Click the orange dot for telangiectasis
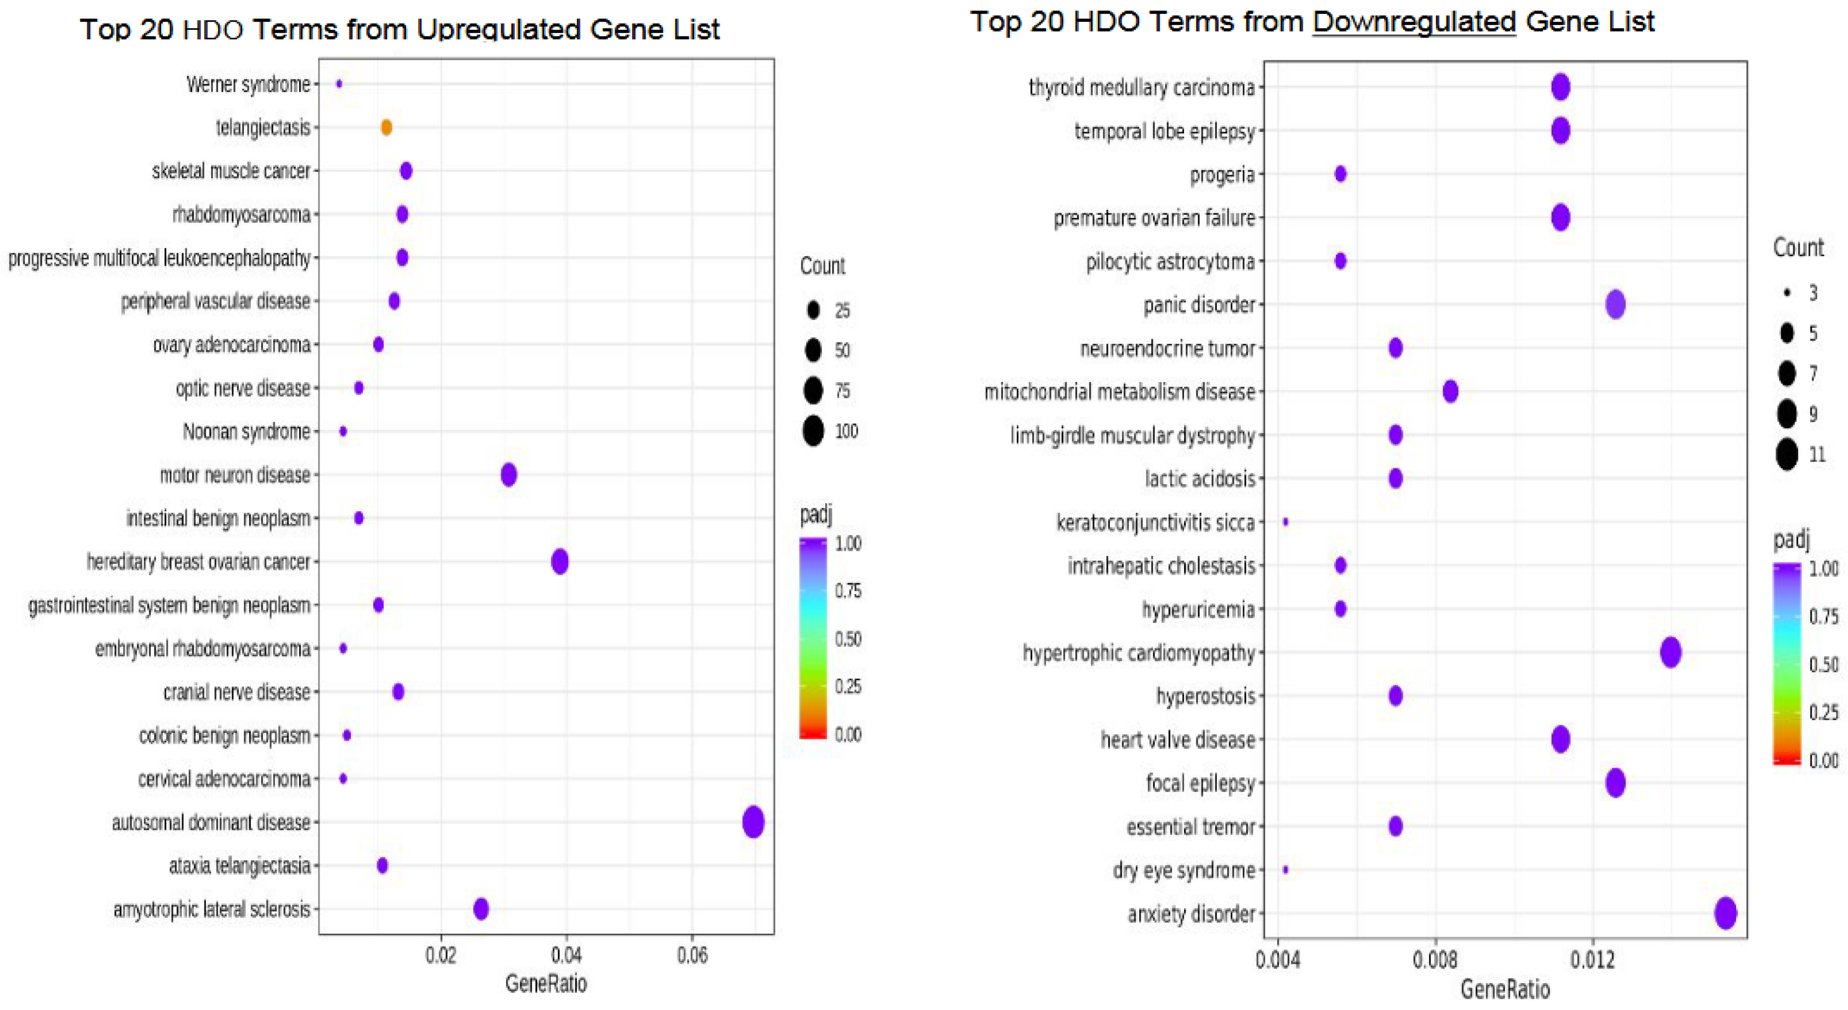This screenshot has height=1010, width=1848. click(386, 128)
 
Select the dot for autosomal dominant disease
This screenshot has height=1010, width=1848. click(753, 821)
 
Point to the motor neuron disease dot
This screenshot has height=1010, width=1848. click(509, 474)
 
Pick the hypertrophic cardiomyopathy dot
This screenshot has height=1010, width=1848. click(1670, 652)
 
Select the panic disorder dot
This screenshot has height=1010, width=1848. click(1615, 304)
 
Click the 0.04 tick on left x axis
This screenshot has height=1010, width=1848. click(566, 955)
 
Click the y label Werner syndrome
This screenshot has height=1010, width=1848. click(248, 85)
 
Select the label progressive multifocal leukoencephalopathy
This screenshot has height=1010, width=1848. click(159, 258)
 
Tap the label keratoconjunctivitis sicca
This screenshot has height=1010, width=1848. click(1155, 523)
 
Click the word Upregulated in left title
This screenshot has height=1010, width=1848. click(499, 29)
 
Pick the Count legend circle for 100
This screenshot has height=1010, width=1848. click(813, 431)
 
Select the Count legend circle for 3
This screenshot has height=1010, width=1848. click(1787, 293)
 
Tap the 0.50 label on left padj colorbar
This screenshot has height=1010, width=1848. click(847, 638)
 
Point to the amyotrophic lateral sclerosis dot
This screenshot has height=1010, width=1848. click(481, 909)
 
